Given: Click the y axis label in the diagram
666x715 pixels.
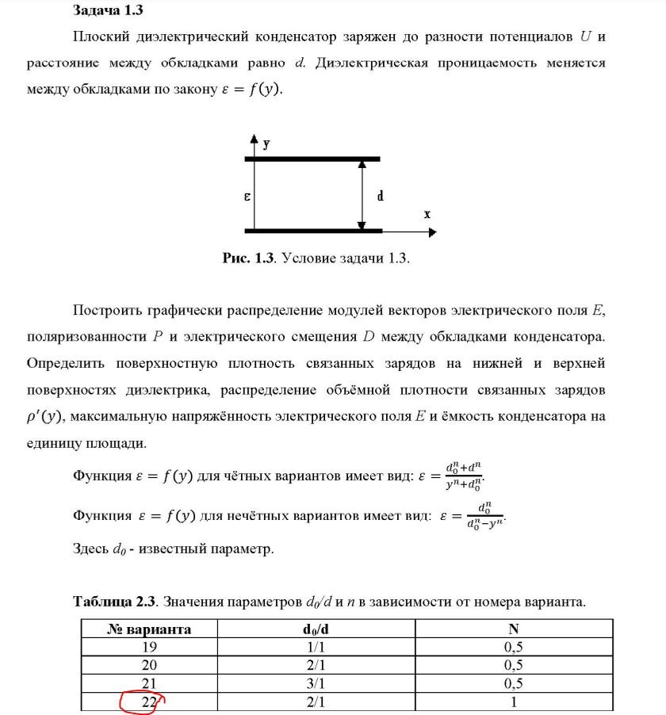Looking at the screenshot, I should point(266,144).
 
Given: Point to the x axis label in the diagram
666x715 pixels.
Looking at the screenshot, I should point(427,214).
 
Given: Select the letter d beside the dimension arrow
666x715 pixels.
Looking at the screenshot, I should point(381,195).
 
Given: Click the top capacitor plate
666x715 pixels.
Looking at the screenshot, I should point(312,159).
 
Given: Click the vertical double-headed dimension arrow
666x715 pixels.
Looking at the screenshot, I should point(362,195).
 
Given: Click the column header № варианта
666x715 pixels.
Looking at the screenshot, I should point(149,629).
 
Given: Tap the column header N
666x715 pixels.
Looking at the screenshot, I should point(514,629).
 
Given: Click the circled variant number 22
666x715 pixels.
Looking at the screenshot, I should point(149,701).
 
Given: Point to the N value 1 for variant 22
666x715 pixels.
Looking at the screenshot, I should point(514,701).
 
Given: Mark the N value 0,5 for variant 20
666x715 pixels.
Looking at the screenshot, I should point(514,665).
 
